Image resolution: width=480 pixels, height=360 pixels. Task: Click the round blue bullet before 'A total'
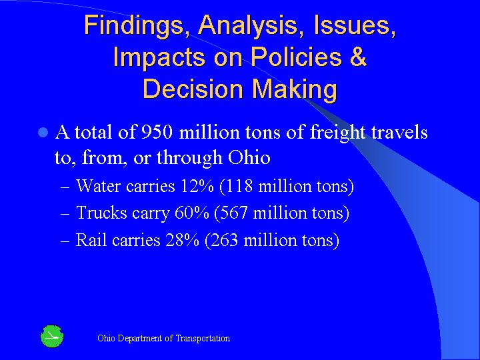coord(43,133)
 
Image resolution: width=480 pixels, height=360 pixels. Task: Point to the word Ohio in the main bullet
coord(249,158)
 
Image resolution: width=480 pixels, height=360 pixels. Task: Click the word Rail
coord(90,240)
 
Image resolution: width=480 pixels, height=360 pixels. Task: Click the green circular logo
coord(51,337)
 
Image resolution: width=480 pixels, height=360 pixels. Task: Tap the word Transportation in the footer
coord(203,339)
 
